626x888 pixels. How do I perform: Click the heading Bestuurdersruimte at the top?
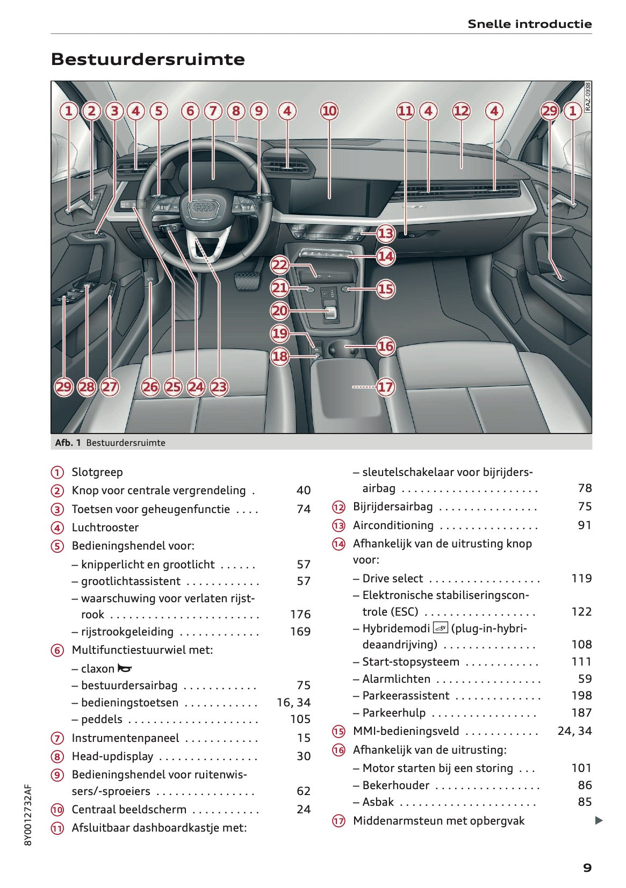pos(148,59)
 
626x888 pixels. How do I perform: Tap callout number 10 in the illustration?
pos(329,111)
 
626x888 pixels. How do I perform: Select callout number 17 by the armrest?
pos(385,387)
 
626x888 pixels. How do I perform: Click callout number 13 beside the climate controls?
pos(385,233)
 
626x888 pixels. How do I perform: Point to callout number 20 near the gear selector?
pos(279,311)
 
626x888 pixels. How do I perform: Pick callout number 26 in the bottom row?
pos(150,387)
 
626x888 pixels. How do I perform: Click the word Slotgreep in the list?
pos(97,472)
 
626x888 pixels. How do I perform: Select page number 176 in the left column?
pos(300,614)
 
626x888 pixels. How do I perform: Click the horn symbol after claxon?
pos(125,668)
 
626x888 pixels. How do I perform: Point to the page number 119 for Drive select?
pos(581,579)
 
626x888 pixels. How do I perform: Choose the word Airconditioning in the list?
pos(393,525)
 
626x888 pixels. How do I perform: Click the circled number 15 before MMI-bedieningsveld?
pos(339,731)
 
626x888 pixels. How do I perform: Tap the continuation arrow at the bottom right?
pos(599,820)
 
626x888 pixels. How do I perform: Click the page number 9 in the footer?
pos(587,868)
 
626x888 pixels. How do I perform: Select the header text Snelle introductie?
pos(529,24)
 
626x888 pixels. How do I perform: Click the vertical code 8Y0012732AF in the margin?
pos(28,815)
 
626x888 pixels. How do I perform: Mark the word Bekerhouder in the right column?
pos(395,785)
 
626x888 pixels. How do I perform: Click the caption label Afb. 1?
pos(68,443)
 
